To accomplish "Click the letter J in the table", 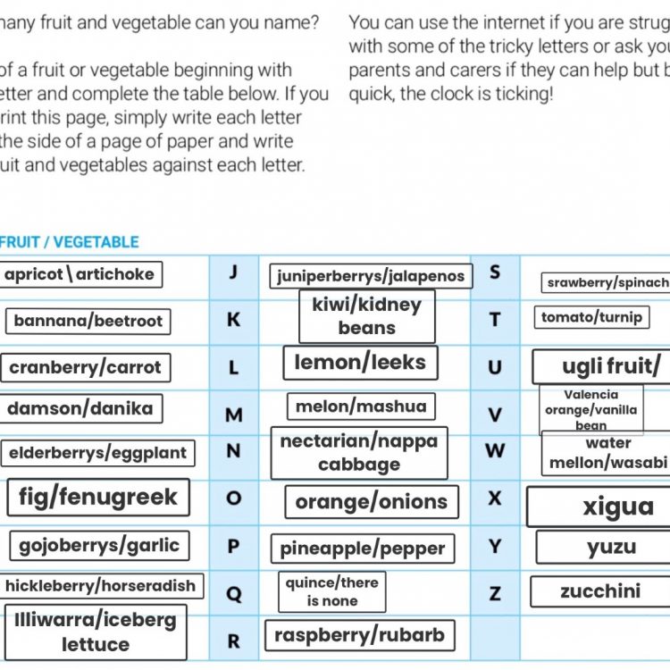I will click(233, 272).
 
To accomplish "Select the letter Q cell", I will click(234, 594).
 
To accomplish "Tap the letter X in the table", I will click(495, 498).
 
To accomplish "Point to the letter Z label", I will click(495, 593).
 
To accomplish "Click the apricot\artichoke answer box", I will click(80, 274).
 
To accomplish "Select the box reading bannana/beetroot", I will click(88, 321).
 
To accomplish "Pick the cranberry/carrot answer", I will click(85, 367).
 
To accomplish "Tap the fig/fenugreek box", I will click(98, 497).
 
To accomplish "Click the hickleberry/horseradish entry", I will click(100, 586).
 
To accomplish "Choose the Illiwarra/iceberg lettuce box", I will click(96, 632).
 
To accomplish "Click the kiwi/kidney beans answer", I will click(366, 316).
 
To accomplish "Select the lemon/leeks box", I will click(361, 363).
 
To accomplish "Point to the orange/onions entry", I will click(372, 502).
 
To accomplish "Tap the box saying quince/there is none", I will click(332, 591).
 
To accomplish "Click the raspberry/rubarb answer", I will click(359, 636).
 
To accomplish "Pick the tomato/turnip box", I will click(591, 317).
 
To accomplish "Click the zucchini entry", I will click(600, 591).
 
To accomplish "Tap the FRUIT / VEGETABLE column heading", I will click(69, 242).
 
